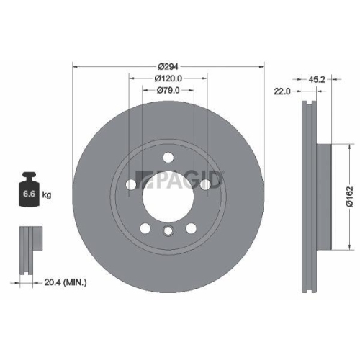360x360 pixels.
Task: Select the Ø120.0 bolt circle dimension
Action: click(168, 78)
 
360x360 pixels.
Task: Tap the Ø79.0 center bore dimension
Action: click(168, 90)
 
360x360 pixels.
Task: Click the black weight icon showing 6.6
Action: click(31, 189)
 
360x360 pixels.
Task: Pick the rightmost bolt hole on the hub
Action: click(206, 185)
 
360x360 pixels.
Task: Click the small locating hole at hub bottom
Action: click(168, 230)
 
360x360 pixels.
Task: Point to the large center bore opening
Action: click(168, 194)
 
